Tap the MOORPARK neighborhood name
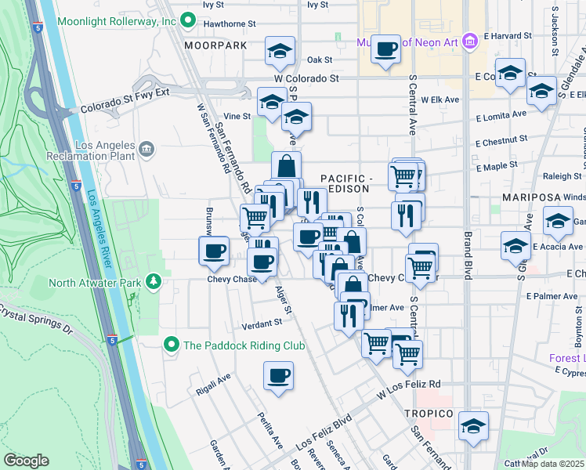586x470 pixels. coord(215,46)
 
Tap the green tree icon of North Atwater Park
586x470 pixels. coord(155,280)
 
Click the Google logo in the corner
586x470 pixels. coord(26,460)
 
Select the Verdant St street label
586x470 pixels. coord(261,323)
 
